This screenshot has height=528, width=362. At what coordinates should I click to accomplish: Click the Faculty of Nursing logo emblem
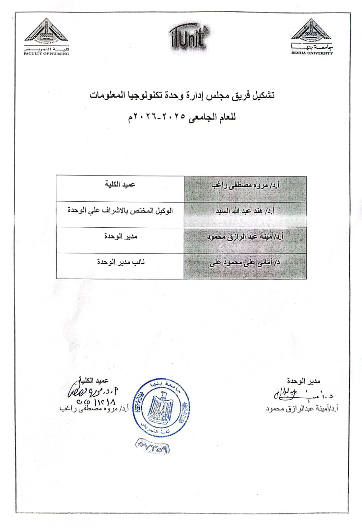tap(46, 32)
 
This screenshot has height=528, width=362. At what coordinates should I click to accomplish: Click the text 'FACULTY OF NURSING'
tap(46, 53)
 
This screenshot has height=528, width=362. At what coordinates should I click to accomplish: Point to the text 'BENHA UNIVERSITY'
tap(312, 53)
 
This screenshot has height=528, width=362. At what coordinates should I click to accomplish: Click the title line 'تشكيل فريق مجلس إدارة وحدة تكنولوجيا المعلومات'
tap(182, 95)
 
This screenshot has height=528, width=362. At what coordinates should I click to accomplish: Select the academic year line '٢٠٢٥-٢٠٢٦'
tap(182, 117)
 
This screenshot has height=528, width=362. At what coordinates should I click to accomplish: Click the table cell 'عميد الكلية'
tap(120, 184)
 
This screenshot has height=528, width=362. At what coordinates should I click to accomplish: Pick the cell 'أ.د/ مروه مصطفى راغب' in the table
tap(245, 185)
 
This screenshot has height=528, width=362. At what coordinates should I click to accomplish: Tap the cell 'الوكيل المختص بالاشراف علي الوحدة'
tap(120, 210)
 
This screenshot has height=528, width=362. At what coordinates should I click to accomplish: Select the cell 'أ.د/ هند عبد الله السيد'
tap(245, 211)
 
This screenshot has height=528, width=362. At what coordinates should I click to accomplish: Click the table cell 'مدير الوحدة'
tap(120, 236)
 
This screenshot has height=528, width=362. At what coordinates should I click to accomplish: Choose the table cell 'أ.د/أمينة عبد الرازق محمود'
tap(245, 237)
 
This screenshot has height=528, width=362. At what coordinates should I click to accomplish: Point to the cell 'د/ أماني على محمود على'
tap(245, 263)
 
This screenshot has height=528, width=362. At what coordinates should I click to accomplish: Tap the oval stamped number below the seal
tap(152, 447)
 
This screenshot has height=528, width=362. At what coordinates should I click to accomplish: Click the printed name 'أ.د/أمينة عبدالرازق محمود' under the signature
tap(302, 409)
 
